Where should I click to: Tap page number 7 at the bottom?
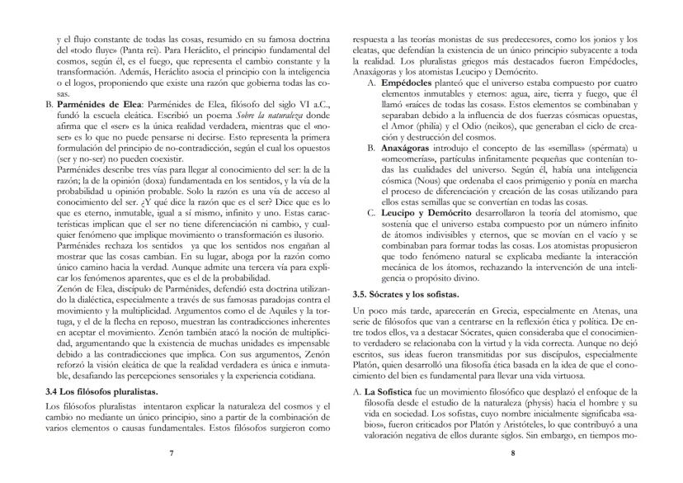172,452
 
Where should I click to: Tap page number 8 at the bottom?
511,452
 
